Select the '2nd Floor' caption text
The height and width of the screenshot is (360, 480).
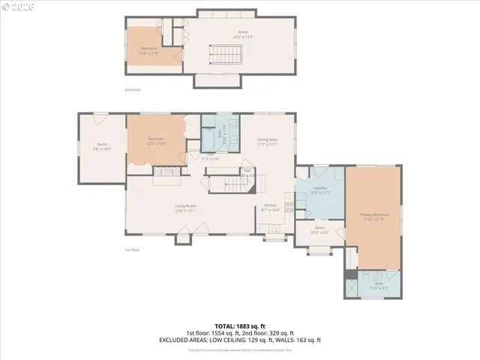tap(133, 89)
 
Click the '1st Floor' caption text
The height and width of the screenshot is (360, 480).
tap(132, 250)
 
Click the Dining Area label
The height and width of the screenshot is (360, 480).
tap(268, 141)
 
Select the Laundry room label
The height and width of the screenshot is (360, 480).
tap(319, 190)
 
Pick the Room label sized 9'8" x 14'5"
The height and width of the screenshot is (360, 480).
tap(102, 147)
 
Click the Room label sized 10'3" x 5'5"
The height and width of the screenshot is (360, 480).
tap(319, 229)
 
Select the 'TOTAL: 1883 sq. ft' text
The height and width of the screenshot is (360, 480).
tap(239, 325)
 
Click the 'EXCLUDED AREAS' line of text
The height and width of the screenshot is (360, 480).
tap(239, 340)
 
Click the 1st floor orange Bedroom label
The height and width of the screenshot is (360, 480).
tap(156, 140)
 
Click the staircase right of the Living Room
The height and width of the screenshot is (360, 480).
tap(222, 184)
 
